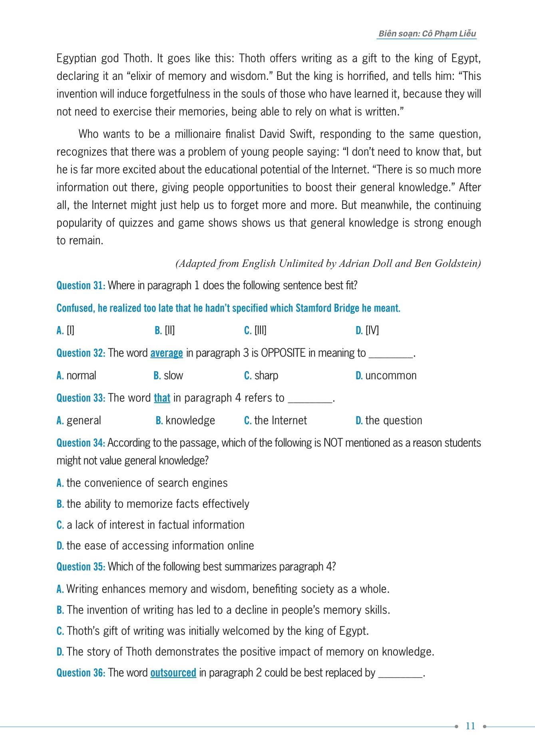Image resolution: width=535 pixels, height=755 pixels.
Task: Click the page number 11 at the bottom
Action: point(470,726)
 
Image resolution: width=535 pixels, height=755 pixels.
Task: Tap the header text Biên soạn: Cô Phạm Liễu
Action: point(427,34)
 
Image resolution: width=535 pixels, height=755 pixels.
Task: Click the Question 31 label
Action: point(81,286)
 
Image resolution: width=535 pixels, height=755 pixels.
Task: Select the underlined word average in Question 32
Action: point(166,353)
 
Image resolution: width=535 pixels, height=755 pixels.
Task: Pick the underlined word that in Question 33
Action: point(162,398)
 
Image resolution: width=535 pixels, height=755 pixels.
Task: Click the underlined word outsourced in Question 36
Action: point(173,673)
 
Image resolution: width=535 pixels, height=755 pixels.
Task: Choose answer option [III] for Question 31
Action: point(255,330)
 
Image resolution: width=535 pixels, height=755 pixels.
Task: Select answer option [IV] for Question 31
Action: point(367,330)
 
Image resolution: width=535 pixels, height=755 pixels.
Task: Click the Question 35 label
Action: point(81,567)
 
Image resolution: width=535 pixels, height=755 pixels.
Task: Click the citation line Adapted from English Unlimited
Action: point(328,264)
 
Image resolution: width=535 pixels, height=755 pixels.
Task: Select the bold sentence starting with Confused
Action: point(228,308)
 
